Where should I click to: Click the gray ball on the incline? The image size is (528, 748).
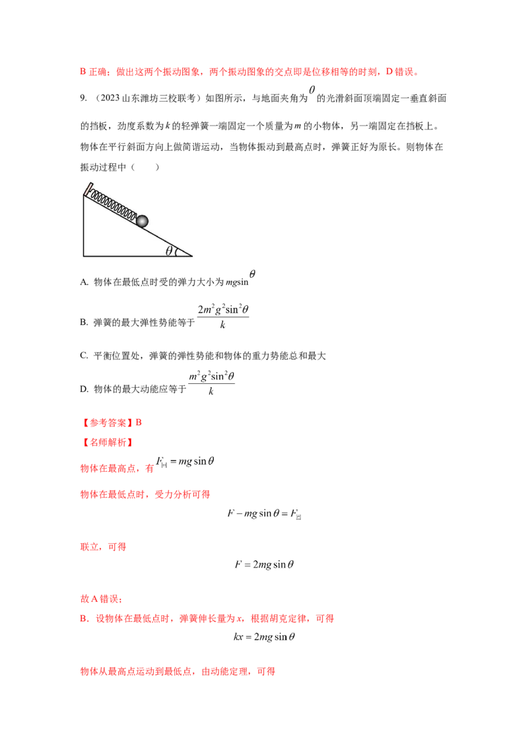tap(143, 221)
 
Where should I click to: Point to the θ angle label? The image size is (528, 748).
tap(169, 250)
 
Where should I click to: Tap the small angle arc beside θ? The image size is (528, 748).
tap(177, 251)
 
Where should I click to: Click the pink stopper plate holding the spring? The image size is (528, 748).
tap(86, 189)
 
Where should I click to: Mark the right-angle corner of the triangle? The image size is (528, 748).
tap(84, 255)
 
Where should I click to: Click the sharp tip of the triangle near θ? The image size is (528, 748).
tap(191, 255)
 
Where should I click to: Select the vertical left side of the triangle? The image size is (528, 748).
tap(84, 225)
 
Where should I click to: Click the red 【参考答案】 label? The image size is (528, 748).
tap(107, 422)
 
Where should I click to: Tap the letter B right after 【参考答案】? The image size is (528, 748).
tap(139, 422)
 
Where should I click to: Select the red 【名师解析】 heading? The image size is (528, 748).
tap(106, 441)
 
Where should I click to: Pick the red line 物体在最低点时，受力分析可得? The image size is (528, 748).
tap(145, 494)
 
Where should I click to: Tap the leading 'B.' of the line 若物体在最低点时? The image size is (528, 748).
tap(82, 619)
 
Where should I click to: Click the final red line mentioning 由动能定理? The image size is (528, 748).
tap(178, 671)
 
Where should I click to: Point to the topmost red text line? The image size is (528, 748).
tap(247, 72)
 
